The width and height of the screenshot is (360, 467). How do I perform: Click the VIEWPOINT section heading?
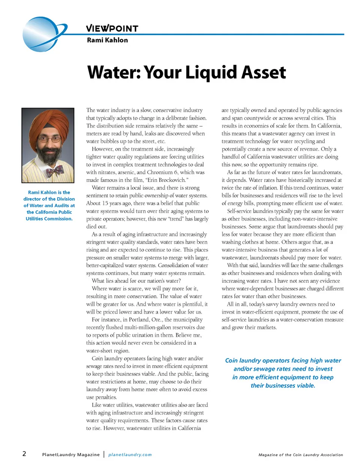click(x=112, y=29)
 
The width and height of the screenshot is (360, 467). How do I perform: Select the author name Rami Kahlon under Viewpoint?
click(x=107, y=40)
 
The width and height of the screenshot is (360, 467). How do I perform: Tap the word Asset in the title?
click(x=263, y=72)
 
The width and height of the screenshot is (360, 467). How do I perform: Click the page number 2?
click(x=24, y=454)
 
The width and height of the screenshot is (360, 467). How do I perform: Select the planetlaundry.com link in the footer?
click(x=130, y=455)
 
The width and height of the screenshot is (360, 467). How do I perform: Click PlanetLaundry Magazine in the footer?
click(x=71, y=455)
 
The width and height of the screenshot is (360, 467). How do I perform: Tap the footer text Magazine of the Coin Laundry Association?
click(x=300, y=455)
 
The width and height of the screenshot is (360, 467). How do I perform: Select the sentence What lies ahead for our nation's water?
click(x=136, y=281)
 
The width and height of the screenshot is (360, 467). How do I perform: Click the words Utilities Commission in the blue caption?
click(x=49, y=219)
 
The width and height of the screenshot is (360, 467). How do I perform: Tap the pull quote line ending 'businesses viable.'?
click(x=283, y=386)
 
